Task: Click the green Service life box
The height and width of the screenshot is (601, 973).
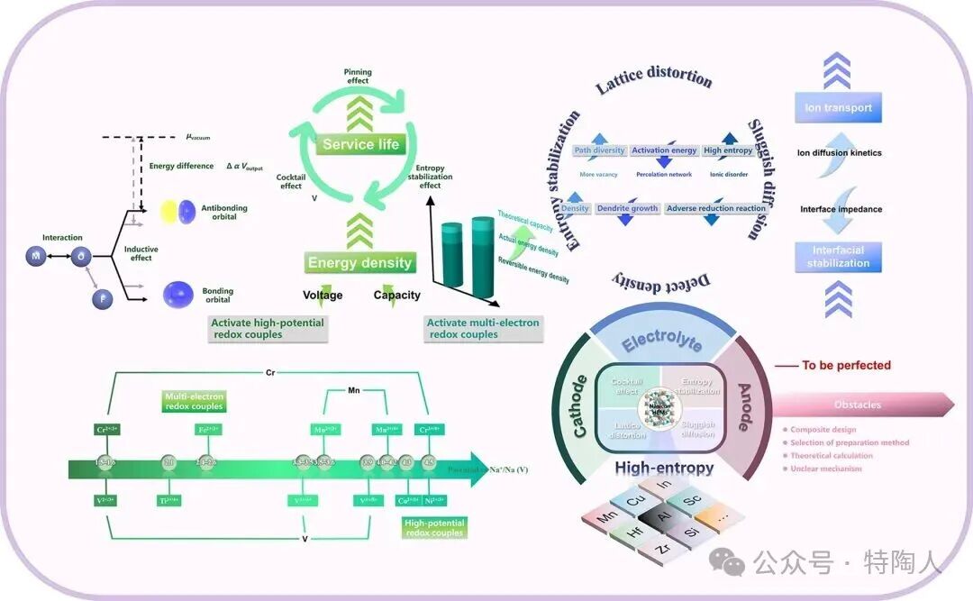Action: coord(360,144)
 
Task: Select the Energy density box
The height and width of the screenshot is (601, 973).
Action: coord(360,263)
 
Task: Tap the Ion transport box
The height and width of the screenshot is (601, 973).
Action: coord(838,108)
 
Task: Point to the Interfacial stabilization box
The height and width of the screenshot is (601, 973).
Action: coord(838,257)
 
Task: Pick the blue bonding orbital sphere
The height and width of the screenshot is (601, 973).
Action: coord(178,294)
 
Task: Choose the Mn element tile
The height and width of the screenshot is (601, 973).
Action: coord(610,519)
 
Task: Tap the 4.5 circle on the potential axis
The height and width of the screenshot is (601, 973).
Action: coord(430,462)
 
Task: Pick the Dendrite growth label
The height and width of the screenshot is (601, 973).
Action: coord(627,208)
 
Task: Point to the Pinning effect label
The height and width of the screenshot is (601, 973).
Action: coord(358,76)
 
